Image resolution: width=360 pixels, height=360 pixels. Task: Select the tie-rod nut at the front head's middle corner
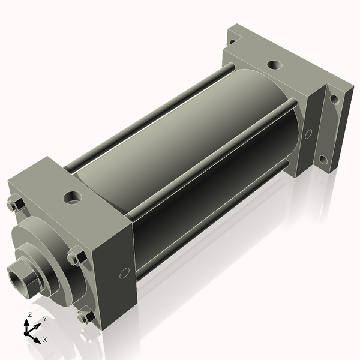(74, 258)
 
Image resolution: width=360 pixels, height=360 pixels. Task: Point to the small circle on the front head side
(124, 273)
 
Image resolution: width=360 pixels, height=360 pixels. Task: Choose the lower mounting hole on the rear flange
(323, 160)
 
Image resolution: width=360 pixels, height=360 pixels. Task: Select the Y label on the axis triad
(45, 319)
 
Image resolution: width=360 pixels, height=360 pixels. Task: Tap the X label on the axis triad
(45, 340)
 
